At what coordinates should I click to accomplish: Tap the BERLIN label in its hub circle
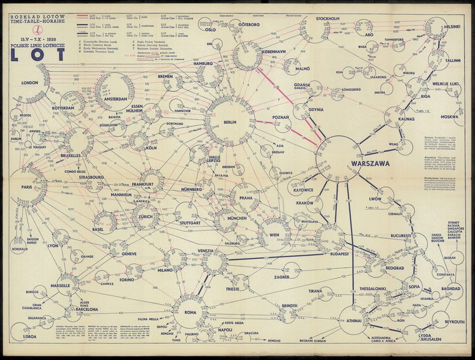(230, 123)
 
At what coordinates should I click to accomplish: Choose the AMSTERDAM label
(115, 99)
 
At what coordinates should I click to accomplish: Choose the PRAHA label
(246, 197)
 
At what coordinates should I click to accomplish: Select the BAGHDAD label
(450, 288)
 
